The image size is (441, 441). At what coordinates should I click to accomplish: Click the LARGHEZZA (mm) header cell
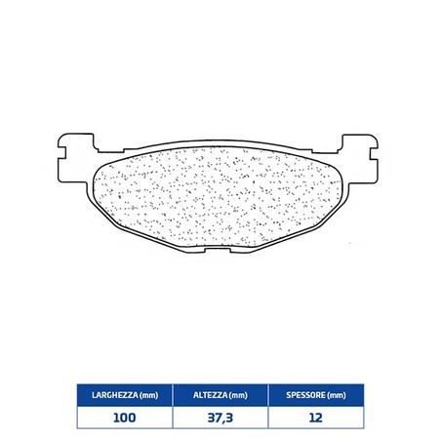tap(125, 395)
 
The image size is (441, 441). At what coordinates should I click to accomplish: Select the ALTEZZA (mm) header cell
tap(220, 395)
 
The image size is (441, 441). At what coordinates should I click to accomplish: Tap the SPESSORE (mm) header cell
tap(316, 395)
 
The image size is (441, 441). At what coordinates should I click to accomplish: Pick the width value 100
tap(125, 418)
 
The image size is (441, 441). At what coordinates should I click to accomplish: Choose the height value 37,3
tap(220, 418)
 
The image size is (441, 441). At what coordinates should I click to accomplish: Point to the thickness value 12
tap(316, 418)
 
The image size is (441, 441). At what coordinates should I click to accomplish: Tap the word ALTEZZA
tap(210, 395)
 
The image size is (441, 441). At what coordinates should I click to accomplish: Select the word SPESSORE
tap(305, 395)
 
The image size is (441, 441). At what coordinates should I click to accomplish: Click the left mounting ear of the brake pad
tap(75, 158)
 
